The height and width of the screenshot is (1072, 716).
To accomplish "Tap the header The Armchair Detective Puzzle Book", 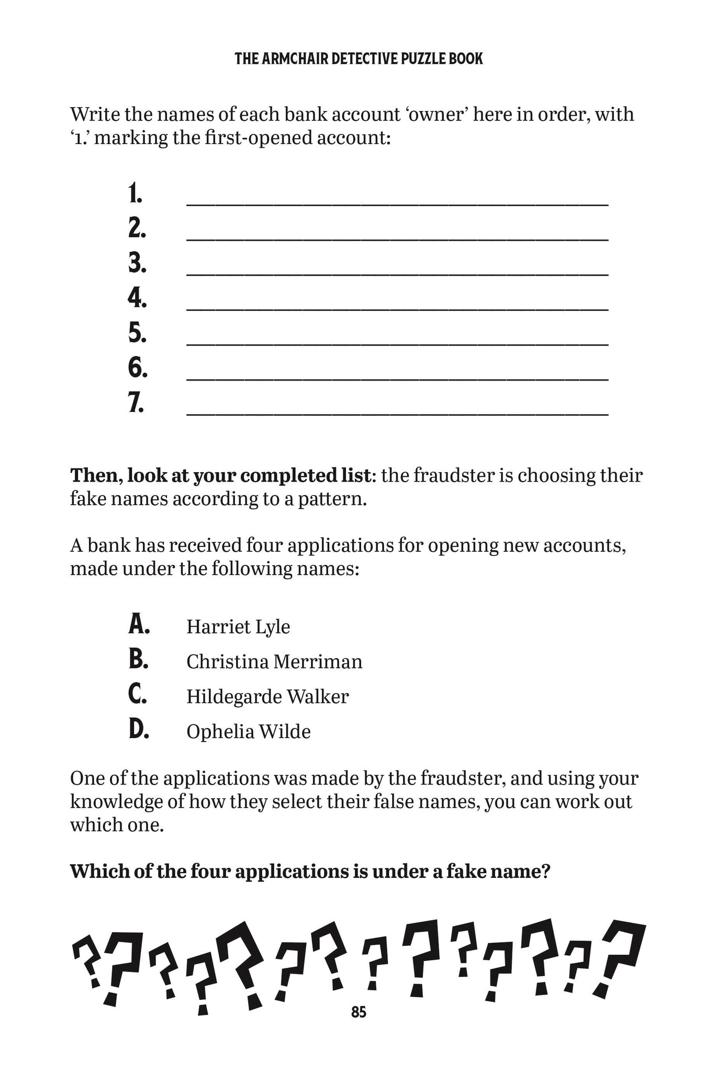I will coord(359,59).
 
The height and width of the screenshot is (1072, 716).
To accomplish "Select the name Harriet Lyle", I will coord(238,627).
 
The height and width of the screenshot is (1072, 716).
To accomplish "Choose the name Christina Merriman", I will coord(274,662).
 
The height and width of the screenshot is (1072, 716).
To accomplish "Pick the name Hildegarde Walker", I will coord(267,697).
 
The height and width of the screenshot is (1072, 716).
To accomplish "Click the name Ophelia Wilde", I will coord(249,731).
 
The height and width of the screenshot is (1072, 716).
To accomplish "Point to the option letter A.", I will coord(139,625).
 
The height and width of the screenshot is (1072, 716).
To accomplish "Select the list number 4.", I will coord(137,298).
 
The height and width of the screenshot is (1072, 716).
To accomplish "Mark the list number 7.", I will coord(136,403).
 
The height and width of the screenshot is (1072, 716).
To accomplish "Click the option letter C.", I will coord(138,695).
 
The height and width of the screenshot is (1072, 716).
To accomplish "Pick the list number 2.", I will coord(137,229).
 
